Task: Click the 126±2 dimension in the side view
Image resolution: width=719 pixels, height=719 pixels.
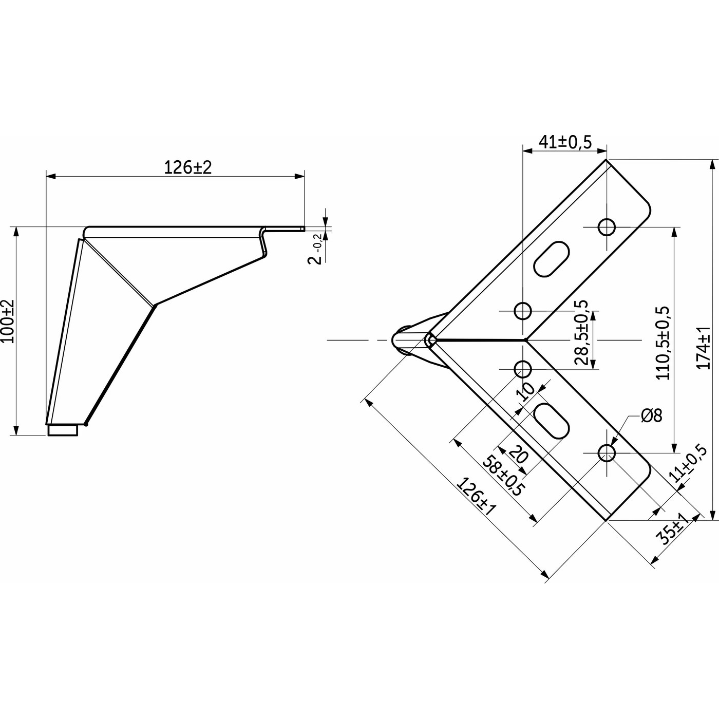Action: click(x=187, y=167)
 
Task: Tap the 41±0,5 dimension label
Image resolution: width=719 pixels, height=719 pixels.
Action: click(x=565, y=141)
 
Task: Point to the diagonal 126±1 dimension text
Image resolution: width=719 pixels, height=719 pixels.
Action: click(x=476, y=497)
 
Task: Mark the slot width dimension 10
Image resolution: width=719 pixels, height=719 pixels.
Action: click(x=526, y=392)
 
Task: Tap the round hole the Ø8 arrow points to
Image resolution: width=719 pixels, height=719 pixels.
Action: click(x=607, y=453)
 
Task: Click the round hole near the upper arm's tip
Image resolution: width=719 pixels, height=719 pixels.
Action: click(x=607, y=226)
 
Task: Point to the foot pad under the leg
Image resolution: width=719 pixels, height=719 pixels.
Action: click(x=63, y=430)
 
